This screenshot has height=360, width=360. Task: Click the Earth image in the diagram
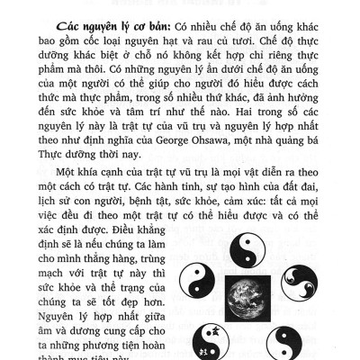point(262,301)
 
